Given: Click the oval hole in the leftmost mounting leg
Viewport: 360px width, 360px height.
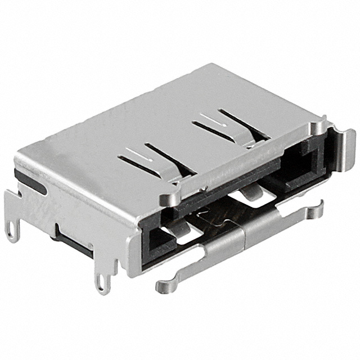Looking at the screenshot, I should (x=11, y=231).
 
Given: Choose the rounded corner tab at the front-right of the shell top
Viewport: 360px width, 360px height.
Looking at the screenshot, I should (x=320, y=127).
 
